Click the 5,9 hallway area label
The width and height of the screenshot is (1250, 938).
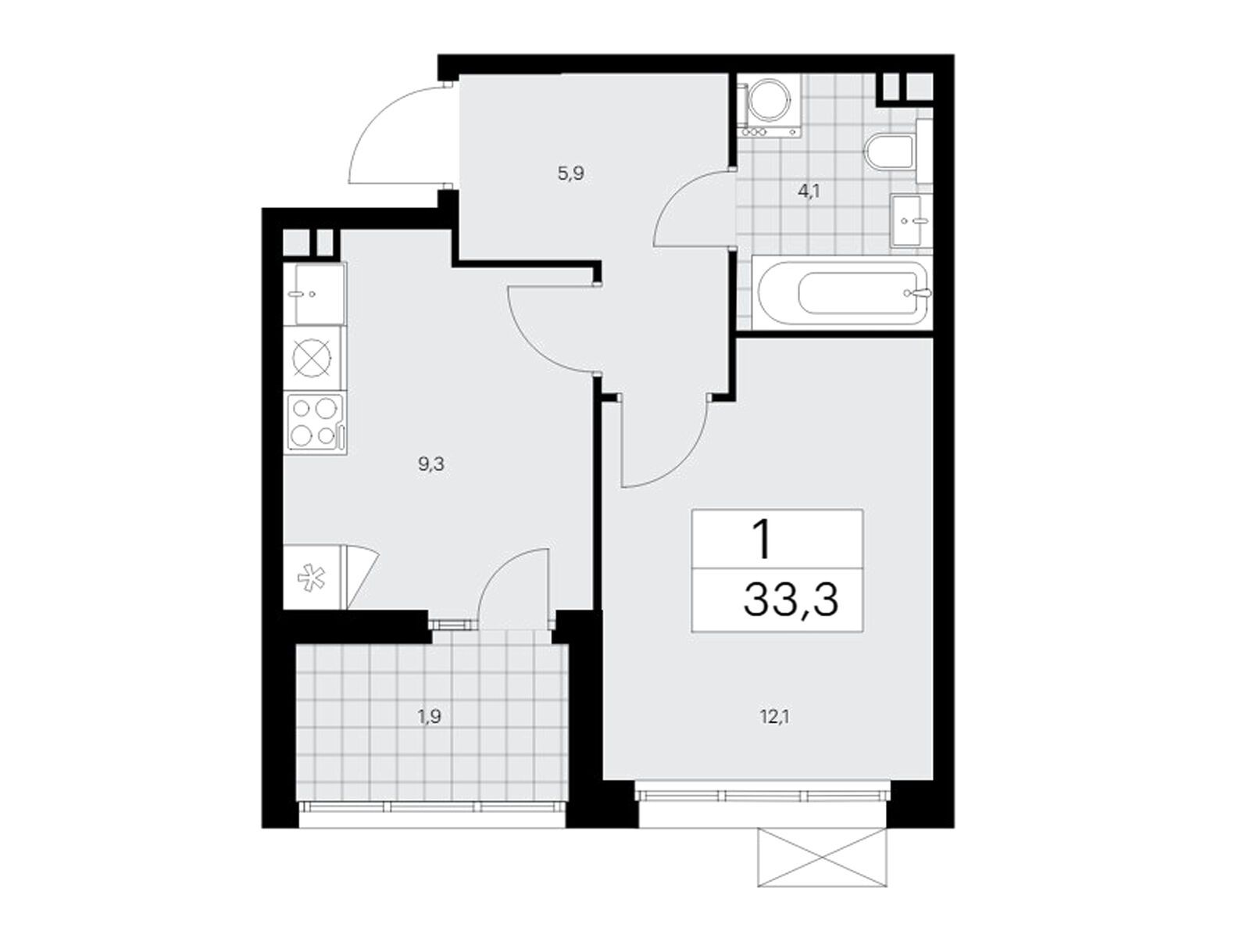pos(570,174)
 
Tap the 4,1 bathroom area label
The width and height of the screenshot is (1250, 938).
pos(809,191)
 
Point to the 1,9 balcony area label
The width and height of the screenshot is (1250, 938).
pos(430,715)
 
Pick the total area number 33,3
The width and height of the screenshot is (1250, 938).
pos(791,601)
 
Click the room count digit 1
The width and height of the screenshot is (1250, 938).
pos(760,539)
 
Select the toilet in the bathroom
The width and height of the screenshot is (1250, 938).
pos(891,154)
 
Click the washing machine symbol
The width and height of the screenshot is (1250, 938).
pos(769,102)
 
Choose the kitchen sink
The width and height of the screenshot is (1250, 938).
pos(318,294)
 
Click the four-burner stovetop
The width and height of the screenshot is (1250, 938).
pos(316,423)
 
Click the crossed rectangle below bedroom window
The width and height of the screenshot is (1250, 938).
pos(822,859)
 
